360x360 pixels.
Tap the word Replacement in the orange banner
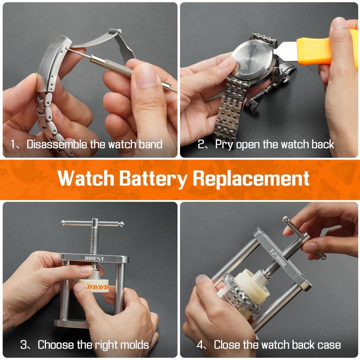[251, 178]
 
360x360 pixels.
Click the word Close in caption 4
[229, 345]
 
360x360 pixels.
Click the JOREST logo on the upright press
[94, 259]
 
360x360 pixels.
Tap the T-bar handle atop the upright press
[93, 223]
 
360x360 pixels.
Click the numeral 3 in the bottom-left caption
[24, 345]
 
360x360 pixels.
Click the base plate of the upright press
[70, 322]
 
